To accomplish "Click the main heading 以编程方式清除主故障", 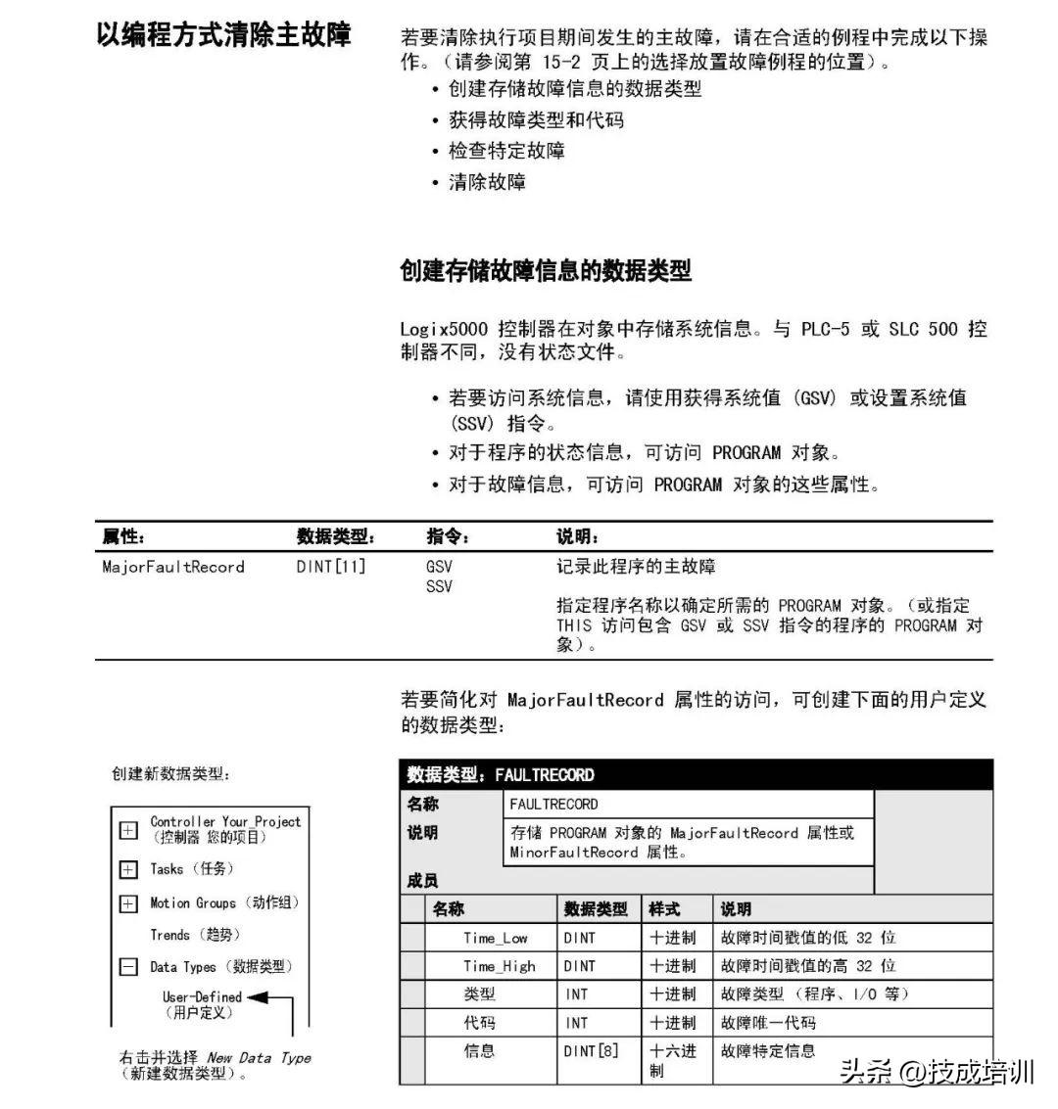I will pyautogui.click(x=223, y=36).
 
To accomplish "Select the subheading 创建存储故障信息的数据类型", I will pyautogui.click(x=546, y=271).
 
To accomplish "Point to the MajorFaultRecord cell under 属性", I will pyautogui.click(x=173, y=567).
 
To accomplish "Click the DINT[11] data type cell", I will pyautogui.click(x=330, y=567).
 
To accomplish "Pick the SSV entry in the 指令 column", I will pyautogui.click(x=439, y=586).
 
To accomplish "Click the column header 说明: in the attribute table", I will pyautogui.click(x=577, y=536).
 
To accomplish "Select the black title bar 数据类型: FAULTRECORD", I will pyautogui.click(x=696, y=775).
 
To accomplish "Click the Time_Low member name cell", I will pyautogui.click(x=495, y=938).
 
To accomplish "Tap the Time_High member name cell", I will pyautogui.click(x=499, y=966).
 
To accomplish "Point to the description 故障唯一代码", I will pyautogui.click(x=768, y=1023).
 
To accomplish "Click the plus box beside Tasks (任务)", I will pyautogui.click(x=128, y=869).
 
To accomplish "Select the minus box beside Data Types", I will pyautogui.click(x=128, y=967).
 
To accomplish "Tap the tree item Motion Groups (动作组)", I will pyautogui.click(x=224, y=902).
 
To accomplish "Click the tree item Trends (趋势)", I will pyautogui.click(x=195, y=935).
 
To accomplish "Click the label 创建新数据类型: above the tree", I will pyautogui.click(x=170, y=774).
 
